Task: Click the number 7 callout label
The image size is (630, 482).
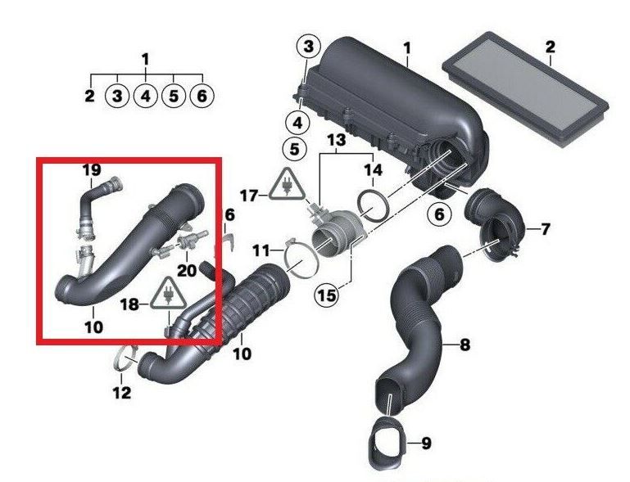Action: tap(545, 230)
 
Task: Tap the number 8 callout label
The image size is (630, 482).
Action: tap(465, 345)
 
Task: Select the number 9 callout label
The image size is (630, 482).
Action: tap(426, 444)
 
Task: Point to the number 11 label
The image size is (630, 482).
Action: tap(261, 251)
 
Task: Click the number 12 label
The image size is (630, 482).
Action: tap(122, 393)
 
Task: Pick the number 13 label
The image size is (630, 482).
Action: tap(336, 140)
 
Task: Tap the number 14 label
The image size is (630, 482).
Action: tap(373, 170)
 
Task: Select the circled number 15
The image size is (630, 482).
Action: tap(327, 295)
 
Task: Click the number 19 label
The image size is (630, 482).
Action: tap(92, 169)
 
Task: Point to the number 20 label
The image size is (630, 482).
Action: tap(187, 271)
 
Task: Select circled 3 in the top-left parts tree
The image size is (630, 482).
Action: tap(117, 97)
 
